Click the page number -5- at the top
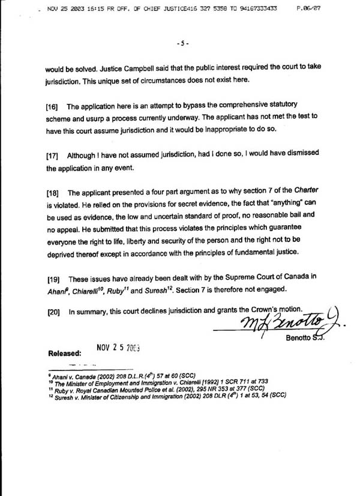point(183,43)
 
